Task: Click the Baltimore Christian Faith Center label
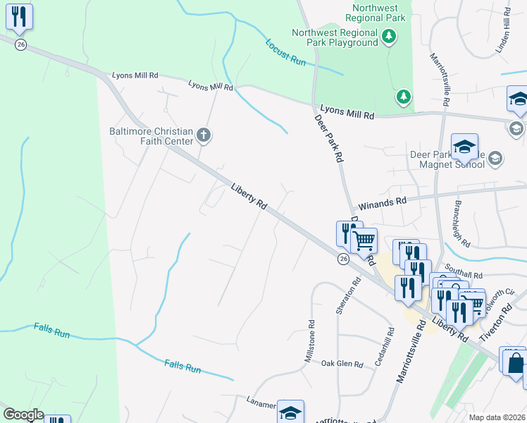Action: (151, 136)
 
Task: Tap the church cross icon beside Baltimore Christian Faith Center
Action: (204, 135)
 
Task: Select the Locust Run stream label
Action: (285, 52)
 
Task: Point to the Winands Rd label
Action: (383, 202)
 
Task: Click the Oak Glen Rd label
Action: (342, 364)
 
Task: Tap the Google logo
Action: (23, 415)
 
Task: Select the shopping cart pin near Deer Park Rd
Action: (364, 241)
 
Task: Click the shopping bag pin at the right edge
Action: (514, 363)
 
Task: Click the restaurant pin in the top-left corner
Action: (19, 17)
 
